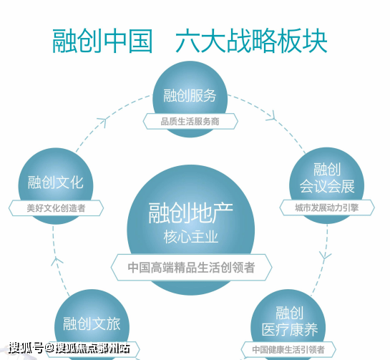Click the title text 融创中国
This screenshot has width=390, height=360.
tap(102, 41)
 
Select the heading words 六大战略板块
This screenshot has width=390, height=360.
tap(251, 41)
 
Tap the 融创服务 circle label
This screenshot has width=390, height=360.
tap(190, 95)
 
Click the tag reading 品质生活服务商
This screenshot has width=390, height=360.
tap(190, 122)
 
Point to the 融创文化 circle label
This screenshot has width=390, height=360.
tap(56, 182)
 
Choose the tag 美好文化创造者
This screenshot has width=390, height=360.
tap(56, 208)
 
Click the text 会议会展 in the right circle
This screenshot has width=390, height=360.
tap(327, 186)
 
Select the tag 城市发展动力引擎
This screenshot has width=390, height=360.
tap(327, 208)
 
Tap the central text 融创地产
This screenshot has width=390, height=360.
tap(190, 213)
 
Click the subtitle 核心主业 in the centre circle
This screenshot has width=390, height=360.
tap(191, 237)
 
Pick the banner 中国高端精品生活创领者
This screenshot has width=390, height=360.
tap(191, 268)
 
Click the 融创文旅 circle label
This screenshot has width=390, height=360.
tap(92, 323)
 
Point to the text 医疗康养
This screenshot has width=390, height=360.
tap(290, 330)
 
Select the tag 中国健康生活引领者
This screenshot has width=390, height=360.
tap(288, 349)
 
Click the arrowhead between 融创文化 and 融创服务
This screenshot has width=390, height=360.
tap(102, 122)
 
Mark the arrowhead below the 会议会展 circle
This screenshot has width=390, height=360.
tap(325, 256)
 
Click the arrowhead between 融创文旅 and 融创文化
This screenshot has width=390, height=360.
tap(57, 261)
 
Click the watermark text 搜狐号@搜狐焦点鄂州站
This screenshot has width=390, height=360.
tap(69, 348)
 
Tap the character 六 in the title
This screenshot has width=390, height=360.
tap(187, 41)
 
